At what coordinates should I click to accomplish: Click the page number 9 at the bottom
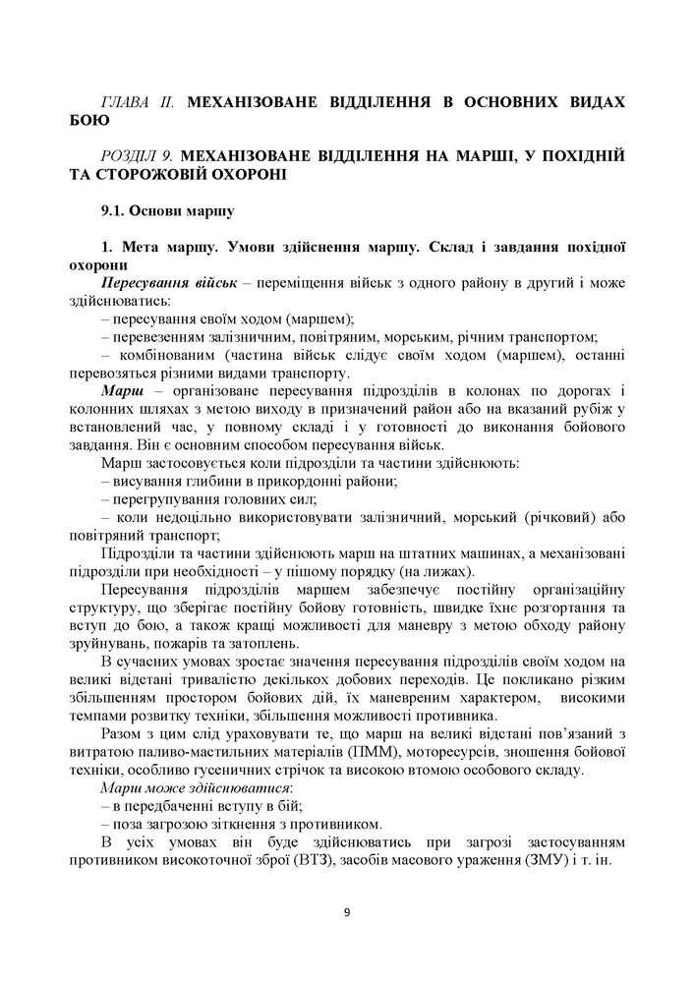tap(347, 913)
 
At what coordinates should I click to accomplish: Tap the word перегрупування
tap(166, 499)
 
